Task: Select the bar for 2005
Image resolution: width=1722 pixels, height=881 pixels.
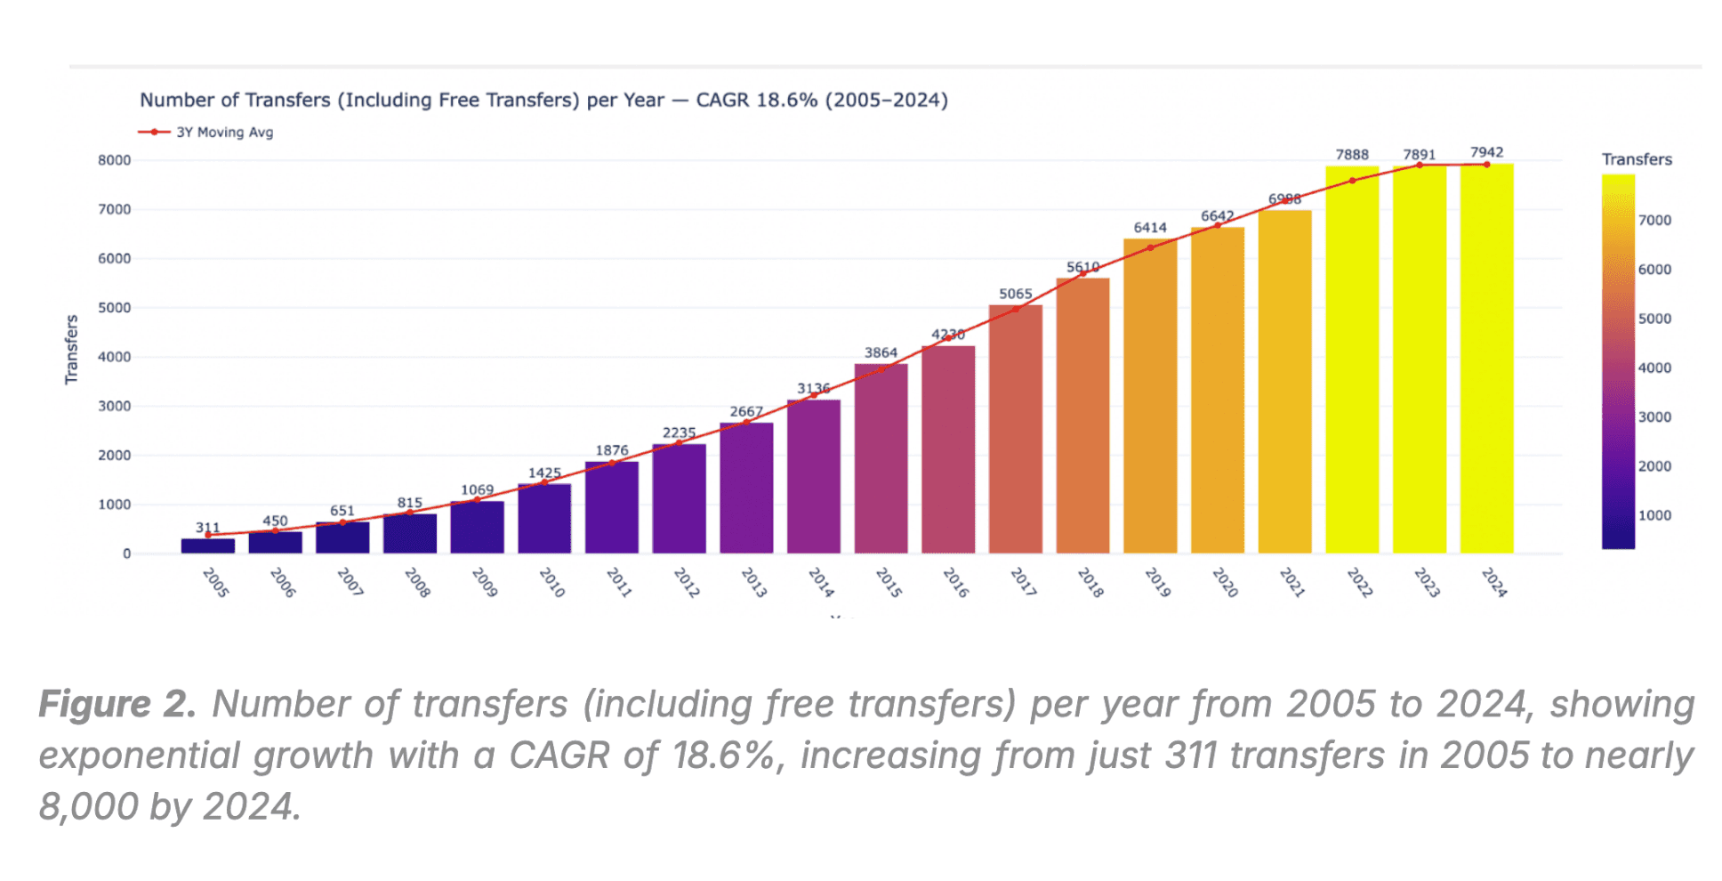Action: [208, 546]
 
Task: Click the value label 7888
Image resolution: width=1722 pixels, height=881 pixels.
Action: [1352, 155]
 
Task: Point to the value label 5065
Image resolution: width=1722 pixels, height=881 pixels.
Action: [1015, 294]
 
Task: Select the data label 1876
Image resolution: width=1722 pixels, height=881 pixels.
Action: [611, 450]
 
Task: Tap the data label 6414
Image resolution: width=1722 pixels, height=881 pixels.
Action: [1149, 228]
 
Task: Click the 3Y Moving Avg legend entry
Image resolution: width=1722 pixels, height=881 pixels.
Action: [224, 133]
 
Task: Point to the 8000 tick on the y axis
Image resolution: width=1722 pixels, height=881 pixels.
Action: [115, 160]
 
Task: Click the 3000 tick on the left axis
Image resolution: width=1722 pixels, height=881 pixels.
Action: [115, 406]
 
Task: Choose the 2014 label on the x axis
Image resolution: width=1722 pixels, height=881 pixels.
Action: [820, 583]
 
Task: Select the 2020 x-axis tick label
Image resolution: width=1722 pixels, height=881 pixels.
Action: [1224, 583]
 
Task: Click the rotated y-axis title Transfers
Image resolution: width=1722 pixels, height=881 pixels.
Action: [72, 350]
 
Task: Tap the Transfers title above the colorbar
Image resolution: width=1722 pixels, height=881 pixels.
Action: [1637, 159]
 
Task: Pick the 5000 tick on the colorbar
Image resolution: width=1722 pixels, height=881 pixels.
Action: [1654, 319]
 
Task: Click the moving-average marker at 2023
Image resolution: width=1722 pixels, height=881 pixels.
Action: [1420, 166]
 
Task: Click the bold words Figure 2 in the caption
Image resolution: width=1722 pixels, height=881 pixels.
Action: [117, 704]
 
